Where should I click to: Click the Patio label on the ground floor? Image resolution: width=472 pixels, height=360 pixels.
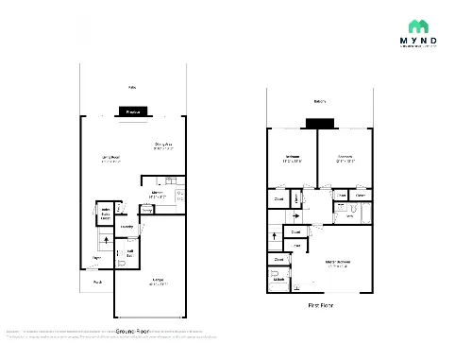tap(132, 87)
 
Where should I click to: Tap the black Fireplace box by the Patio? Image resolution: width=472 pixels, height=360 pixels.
tap(133, 112)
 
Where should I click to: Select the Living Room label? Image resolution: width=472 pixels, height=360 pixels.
tap(110, 159)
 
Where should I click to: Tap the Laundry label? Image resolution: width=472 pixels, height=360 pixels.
tap(126, 227)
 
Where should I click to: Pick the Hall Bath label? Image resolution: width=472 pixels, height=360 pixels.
tap(129, 252)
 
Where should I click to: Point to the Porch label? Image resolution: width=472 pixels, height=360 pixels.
tap(96, 282)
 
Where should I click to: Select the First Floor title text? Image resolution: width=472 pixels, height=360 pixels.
tap(321, 306)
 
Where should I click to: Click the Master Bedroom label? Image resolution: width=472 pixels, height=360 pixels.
tap(337, 265)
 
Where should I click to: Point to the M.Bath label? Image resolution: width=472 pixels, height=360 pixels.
tap(279, 280)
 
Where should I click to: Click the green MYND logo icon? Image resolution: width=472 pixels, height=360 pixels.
tap(415, 26)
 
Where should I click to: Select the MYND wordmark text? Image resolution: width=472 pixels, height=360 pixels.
tap(415, 41)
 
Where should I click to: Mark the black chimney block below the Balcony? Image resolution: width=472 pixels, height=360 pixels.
tap(320, 122)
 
